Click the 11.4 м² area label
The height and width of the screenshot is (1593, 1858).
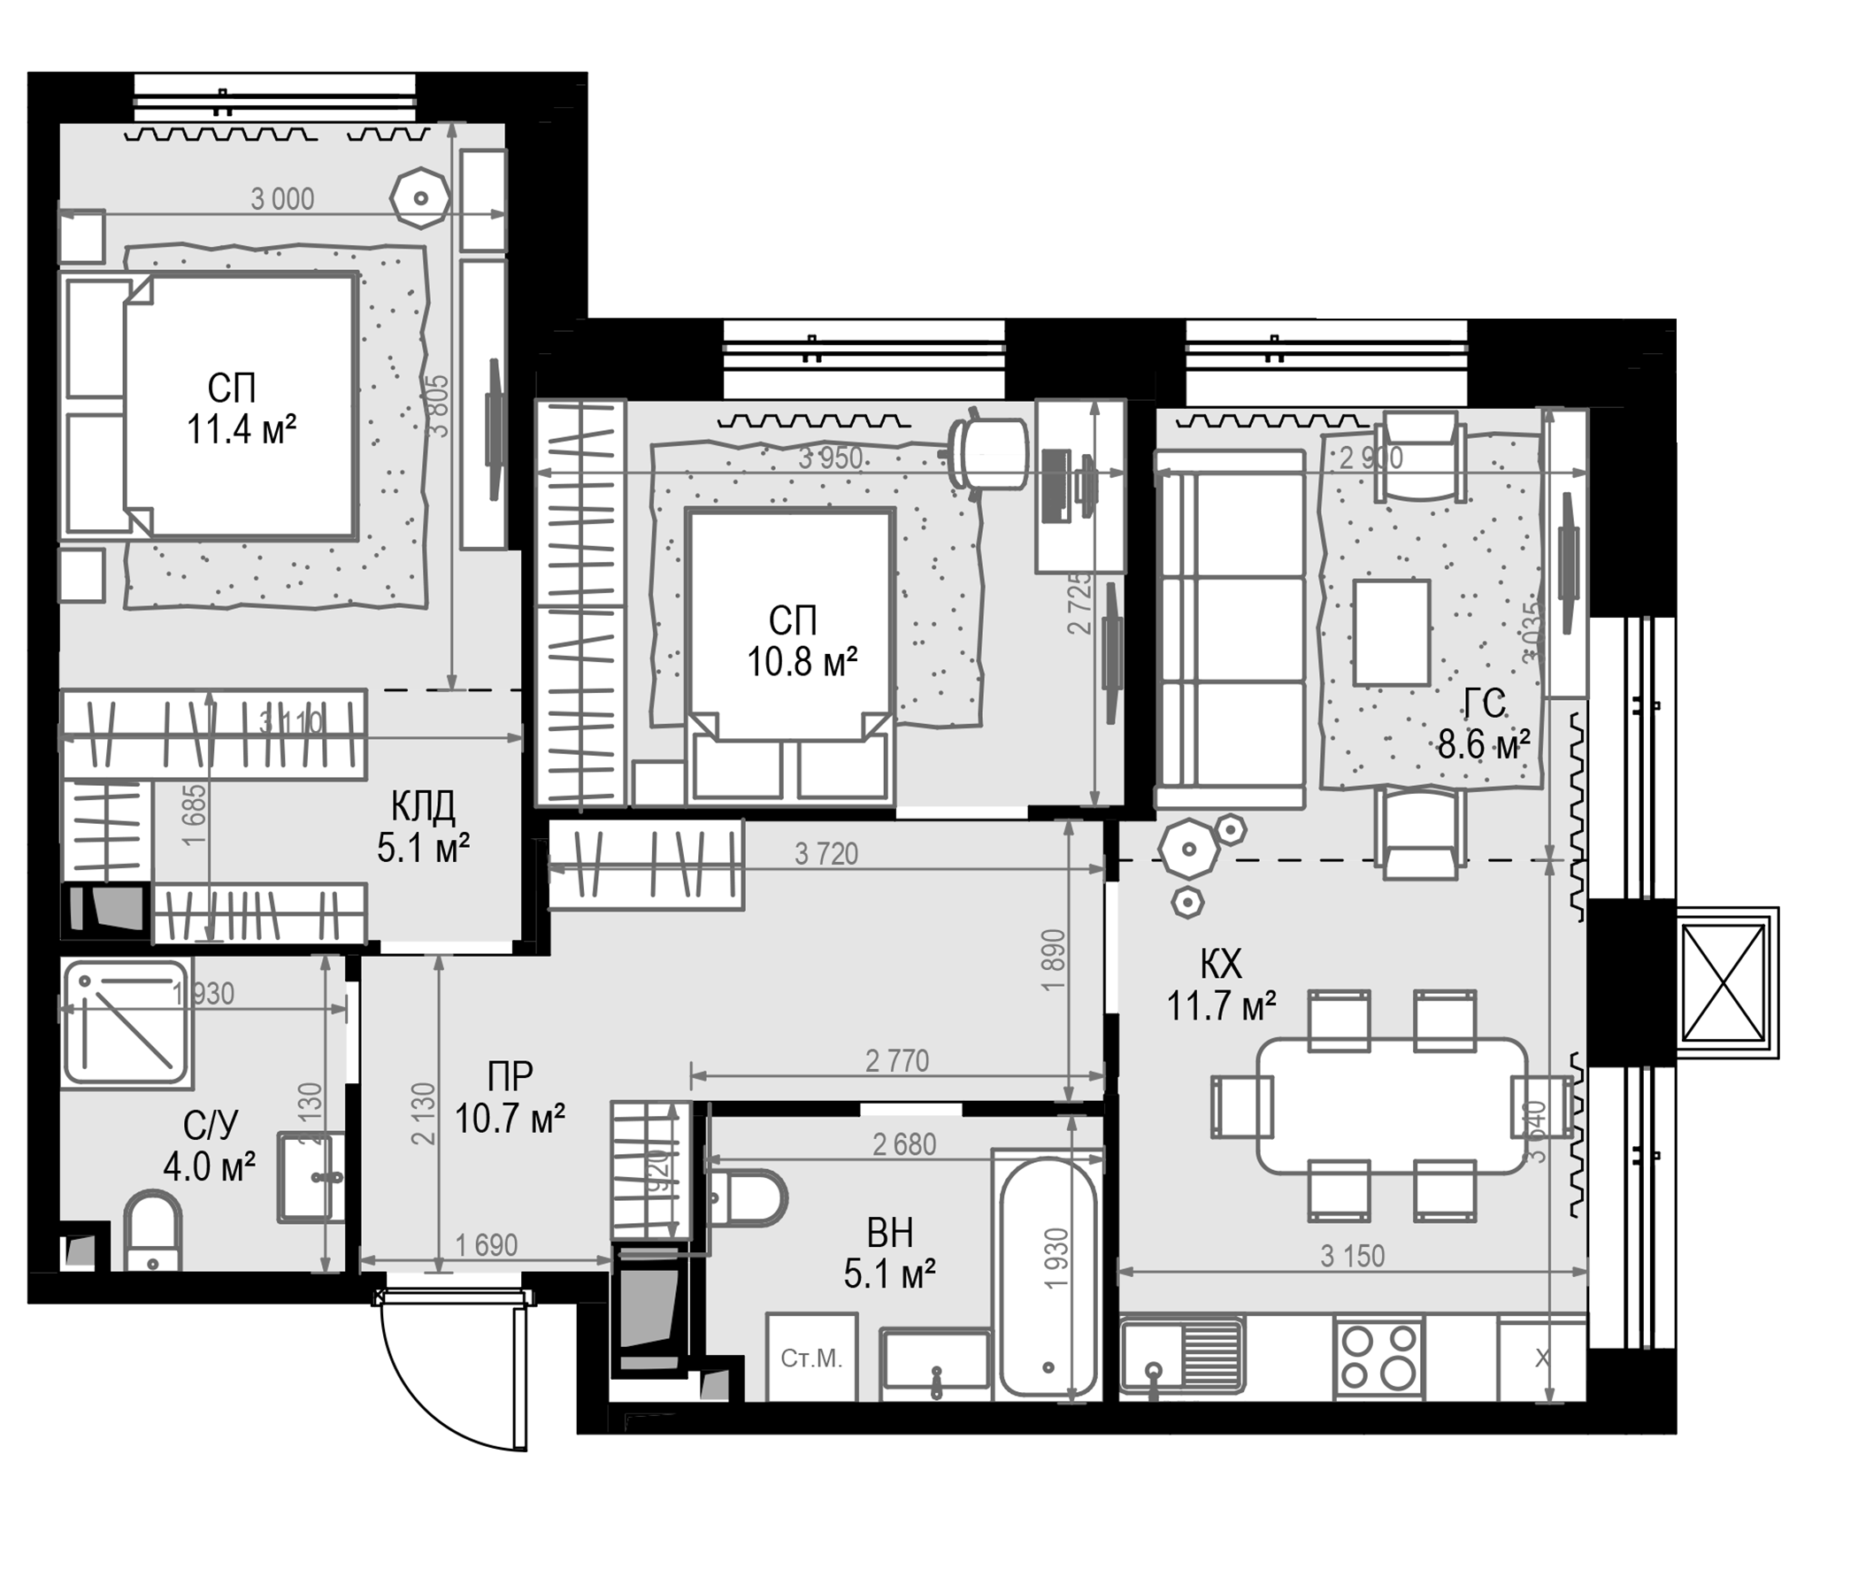click(x=242, y=430)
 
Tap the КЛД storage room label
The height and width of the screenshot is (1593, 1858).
click(x=423, y=807)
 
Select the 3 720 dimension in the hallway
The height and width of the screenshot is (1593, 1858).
click(x=825, y=854)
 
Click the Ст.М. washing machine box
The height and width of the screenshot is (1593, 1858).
click(x=811, y=1358)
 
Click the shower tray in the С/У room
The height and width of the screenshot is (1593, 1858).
click(x=127, y=1023)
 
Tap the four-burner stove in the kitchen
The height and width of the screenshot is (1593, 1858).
click(x=1378, y=1358)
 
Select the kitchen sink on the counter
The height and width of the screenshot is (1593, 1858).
click(x=1182, y=1356)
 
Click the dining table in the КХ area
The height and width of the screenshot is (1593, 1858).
click(x=1392, y=1105)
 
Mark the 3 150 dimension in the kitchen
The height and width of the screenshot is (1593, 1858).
click(x=1352, y=1256)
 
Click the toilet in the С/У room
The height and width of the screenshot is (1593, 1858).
click(x=151, y=1231)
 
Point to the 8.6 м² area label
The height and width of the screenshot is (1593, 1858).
click(x=1483, y=744)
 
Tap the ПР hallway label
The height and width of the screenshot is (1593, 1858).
click(x=511, y=1074)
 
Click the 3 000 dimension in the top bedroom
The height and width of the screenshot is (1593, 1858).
click(x=282, y=199)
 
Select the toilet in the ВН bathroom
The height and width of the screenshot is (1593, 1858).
click(x=746, y=1197)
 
